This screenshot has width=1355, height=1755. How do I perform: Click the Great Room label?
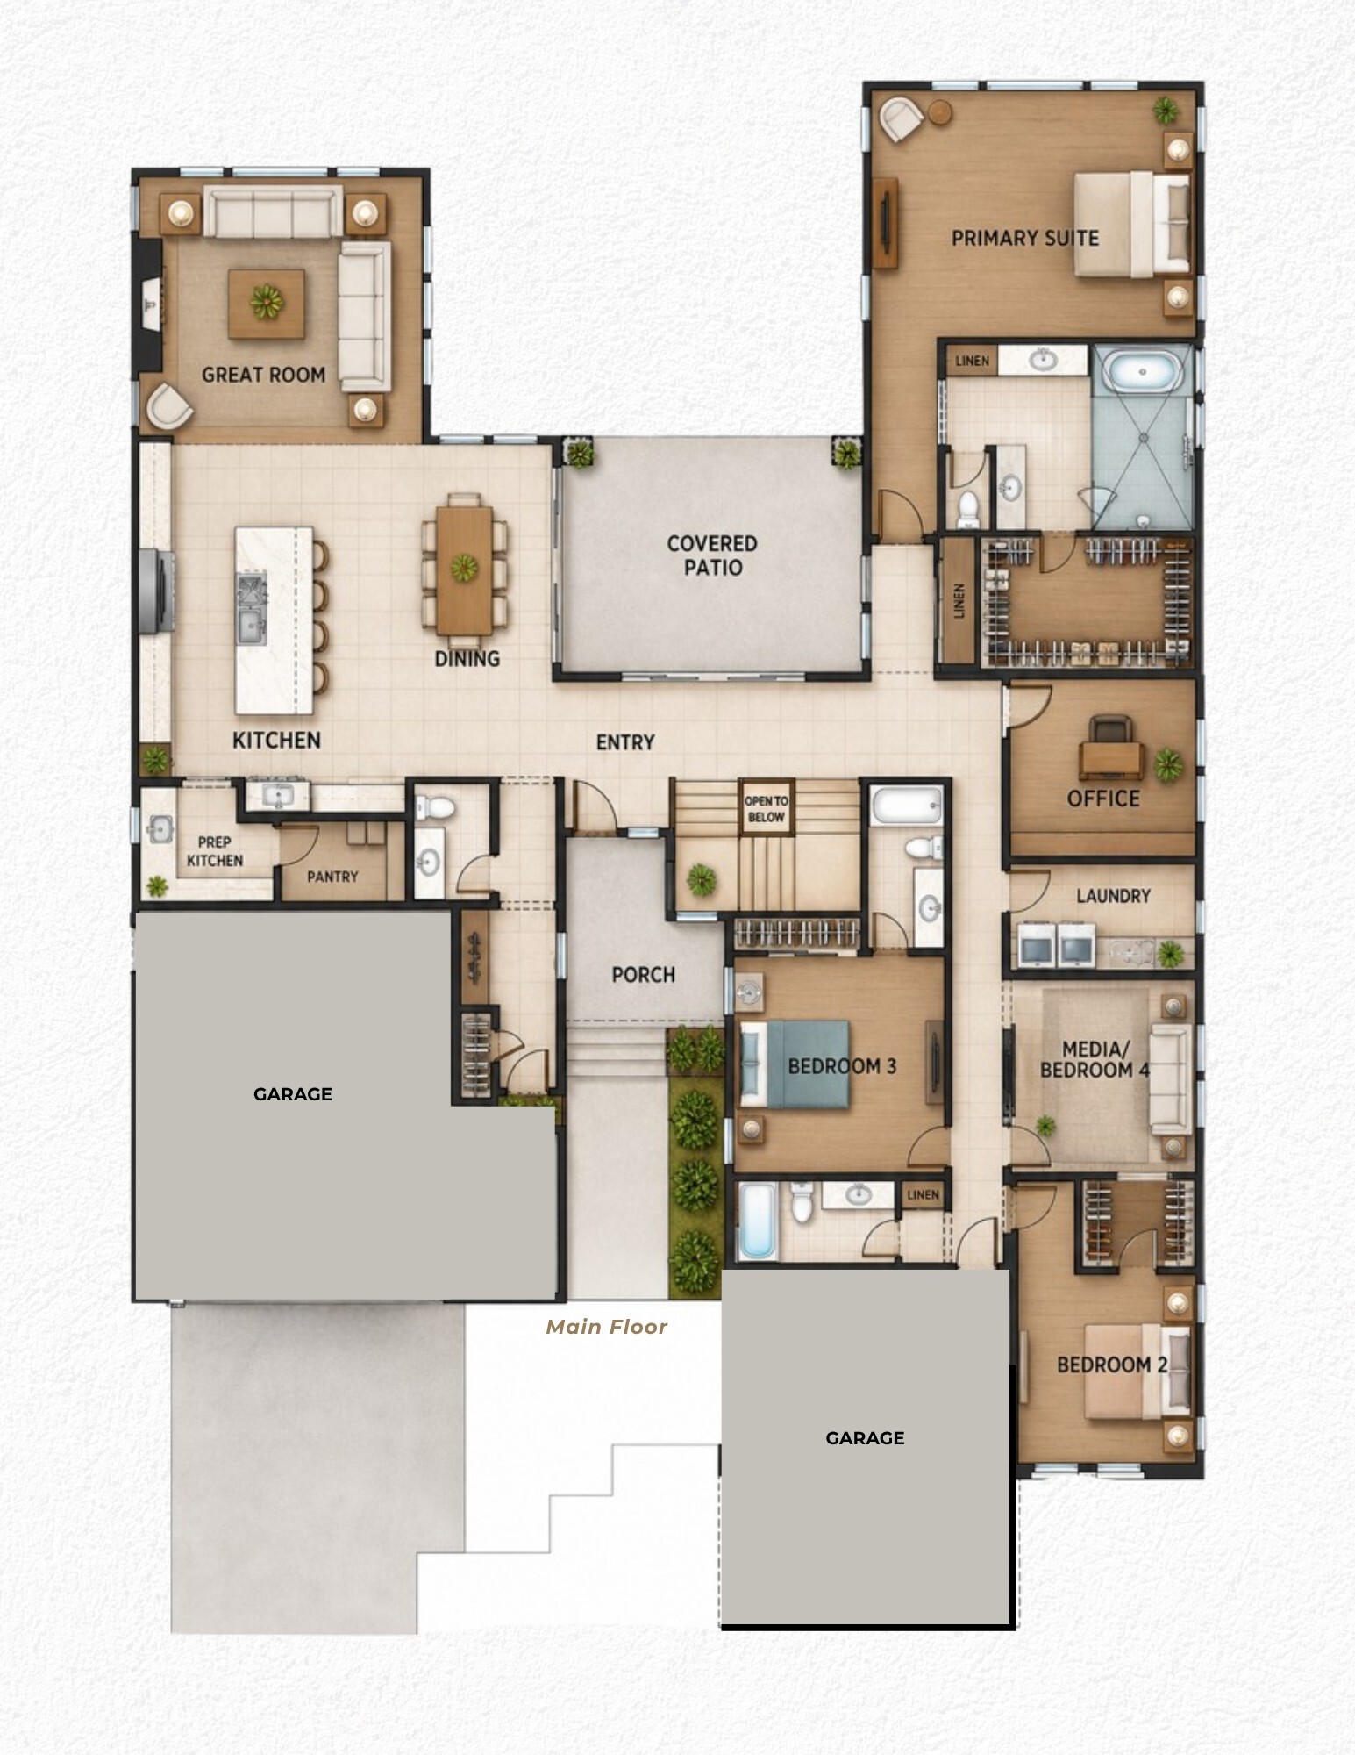pyautogui.click(x=263, y=375)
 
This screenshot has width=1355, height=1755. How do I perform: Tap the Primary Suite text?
pyautogui.click(x=1025, y=238)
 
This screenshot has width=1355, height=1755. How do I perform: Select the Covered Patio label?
pyautogui.click(x=712, y=555)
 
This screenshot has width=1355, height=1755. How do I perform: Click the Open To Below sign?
pyautogui.click(x=767, y=808)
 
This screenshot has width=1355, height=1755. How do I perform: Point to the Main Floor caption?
pyautogui.click(x=607, y=1327)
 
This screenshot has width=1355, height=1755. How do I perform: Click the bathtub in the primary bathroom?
pyautogui.click(x=1143, y=372)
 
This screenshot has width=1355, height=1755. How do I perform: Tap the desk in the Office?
pyautogui.click(x=1111, y=760)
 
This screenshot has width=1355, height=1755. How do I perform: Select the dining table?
pyautogui.click(x=464, y=570)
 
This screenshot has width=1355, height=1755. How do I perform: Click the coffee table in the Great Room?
pyautogui.click(x=267, y=304)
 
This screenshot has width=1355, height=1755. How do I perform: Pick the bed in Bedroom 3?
pyautogui.click(x=795, y=1064)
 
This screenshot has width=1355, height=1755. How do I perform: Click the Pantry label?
pyautogui.click(x=332, y=877)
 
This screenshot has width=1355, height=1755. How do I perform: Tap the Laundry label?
pyautogui.click(x=1113, y=896)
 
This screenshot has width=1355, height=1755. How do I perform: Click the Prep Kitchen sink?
pyautogui.click(x=160, y=828)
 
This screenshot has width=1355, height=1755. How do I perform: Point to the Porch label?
pyautogui.click(x=643, y=975)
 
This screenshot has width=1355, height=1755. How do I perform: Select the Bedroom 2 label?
pyautogui.click(x=1112, y=1365)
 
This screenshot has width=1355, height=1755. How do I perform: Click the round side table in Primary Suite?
pyautogui.click(x=940, y=112)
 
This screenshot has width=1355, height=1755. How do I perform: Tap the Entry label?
pyautogui.click(x=625, y=742)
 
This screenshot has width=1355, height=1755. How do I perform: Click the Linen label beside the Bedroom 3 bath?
pyautogui.click(x=923, y=1195)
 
